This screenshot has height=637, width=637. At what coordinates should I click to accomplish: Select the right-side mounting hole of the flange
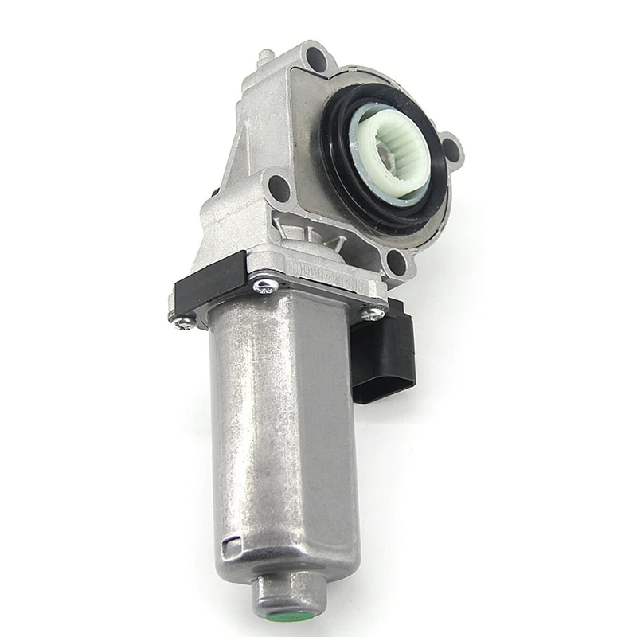tap(451, 148)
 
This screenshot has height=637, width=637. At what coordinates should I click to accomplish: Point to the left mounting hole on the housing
tap(279, 188)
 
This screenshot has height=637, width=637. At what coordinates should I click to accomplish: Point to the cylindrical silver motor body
tap(279, 430)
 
